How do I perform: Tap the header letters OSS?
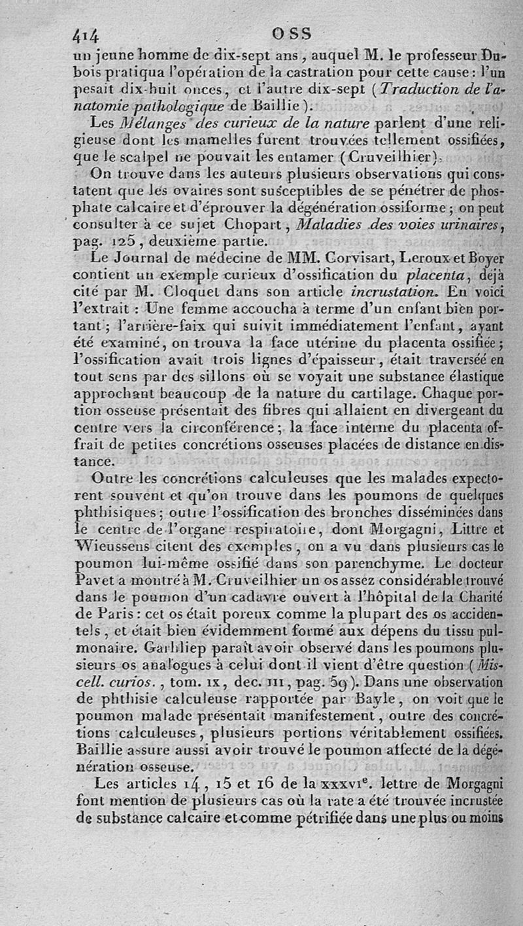292,33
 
